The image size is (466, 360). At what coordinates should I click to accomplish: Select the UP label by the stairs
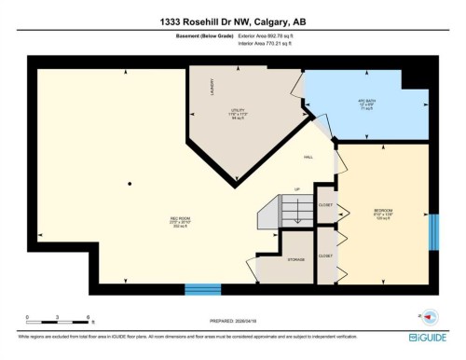[296, 189]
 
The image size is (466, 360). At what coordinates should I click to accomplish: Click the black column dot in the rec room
[130, 183]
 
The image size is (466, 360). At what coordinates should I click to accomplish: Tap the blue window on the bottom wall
[202, 289]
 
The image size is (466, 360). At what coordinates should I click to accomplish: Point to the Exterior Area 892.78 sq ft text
[273, 35]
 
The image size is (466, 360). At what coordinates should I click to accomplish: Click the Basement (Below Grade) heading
[203, 35]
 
